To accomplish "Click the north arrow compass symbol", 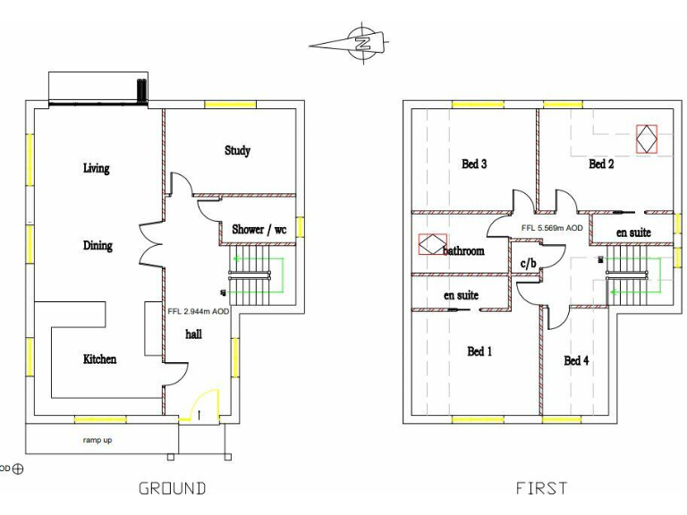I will (361, 42).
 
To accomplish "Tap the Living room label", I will (96, 168).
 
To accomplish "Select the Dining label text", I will (98, 246).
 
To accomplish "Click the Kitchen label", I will (99, 359).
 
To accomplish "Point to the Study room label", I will (237, 151).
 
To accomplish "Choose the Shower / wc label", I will (259, 230).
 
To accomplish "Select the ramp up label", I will (98, 440).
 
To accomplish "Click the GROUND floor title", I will (172, 488).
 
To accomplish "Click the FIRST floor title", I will (541, 488).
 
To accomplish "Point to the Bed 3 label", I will (474, 164).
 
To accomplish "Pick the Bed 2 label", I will (601, 164).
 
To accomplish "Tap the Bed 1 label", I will (479, 351).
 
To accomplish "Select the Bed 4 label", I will (576, 360).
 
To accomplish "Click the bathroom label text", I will (463, 251).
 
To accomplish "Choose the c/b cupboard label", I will (529, 263).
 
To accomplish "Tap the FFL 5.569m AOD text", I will (552, 228).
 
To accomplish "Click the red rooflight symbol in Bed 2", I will (646, 139).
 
